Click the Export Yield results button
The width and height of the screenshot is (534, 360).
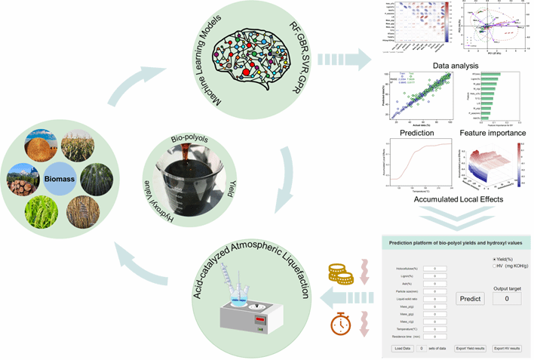click(x=470, y=348)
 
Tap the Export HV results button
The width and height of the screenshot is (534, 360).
click(x=510, y=348)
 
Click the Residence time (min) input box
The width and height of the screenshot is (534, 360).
click(x=434, y=336)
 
